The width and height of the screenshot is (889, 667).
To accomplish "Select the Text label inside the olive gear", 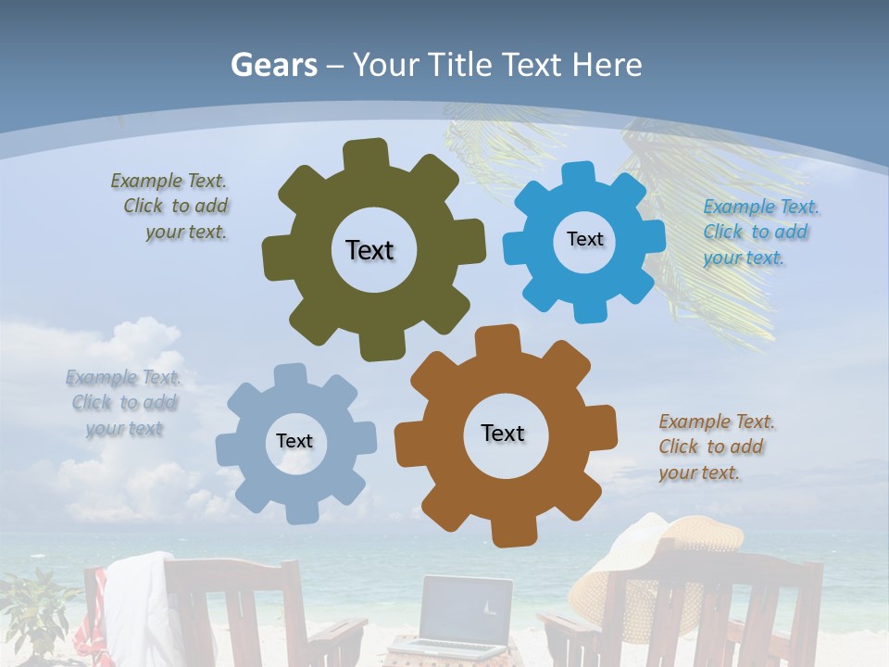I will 369,250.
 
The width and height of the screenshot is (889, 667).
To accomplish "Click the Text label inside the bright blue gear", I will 584,239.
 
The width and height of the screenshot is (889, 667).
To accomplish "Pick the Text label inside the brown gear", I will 503,433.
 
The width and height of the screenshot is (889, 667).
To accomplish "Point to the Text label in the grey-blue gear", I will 294,441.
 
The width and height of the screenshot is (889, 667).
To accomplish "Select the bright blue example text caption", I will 761,233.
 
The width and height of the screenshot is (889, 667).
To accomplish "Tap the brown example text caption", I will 717,447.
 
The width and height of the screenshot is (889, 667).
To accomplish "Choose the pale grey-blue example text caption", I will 124,403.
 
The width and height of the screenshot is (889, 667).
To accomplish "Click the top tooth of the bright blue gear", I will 577,175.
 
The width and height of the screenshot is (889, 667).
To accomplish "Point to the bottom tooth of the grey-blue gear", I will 303,512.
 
